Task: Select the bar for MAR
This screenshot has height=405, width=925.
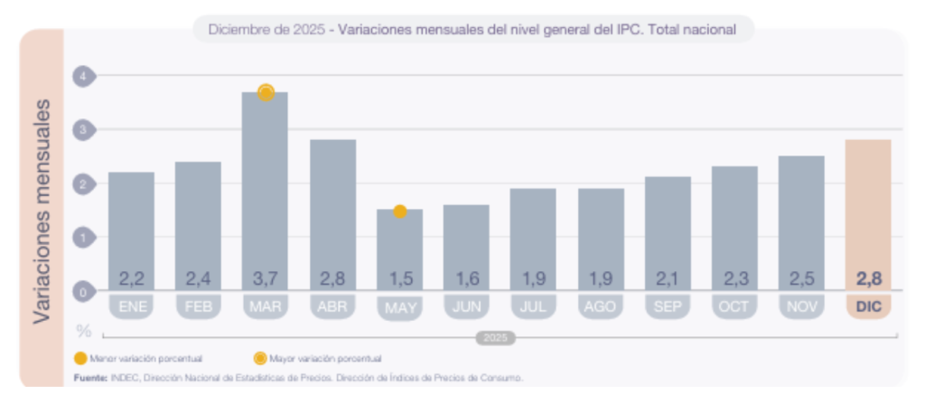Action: pyautogui.click(x=265, y=190)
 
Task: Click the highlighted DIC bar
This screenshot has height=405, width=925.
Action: pyautogui.click(x=868, y=212)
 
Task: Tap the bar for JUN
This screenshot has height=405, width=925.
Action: pyautogui.click(x=466, y=244)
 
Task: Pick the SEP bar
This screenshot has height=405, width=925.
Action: pyautogui.click(x=668, y=231)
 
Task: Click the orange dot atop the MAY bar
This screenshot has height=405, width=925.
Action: pyautogui.click(x=399, y=211)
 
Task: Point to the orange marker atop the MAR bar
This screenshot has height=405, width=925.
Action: pyautogui.click(x=266, y=92)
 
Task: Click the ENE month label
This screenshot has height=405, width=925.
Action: pyautogui.click(x=131, y=306)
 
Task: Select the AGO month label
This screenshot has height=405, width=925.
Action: pyautogui.click(x=601, y=306)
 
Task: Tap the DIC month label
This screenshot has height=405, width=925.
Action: pyautogui.click(x=868, y=306)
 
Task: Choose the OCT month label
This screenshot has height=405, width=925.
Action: pyautogui.click(x=734, y=306)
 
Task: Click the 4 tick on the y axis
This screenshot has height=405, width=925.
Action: pyautogui.click(x=83, y=76)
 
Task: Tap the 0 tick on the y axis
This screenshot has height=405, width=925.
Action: pyautogui.click(x=83, y=292)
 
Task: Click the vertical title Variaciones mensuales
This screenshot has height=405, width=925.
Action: pyautogui.click(x=42, y=208)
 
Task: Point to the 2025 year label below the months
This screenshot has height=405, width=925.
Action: pyautogui.click(x=495, y=338)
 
